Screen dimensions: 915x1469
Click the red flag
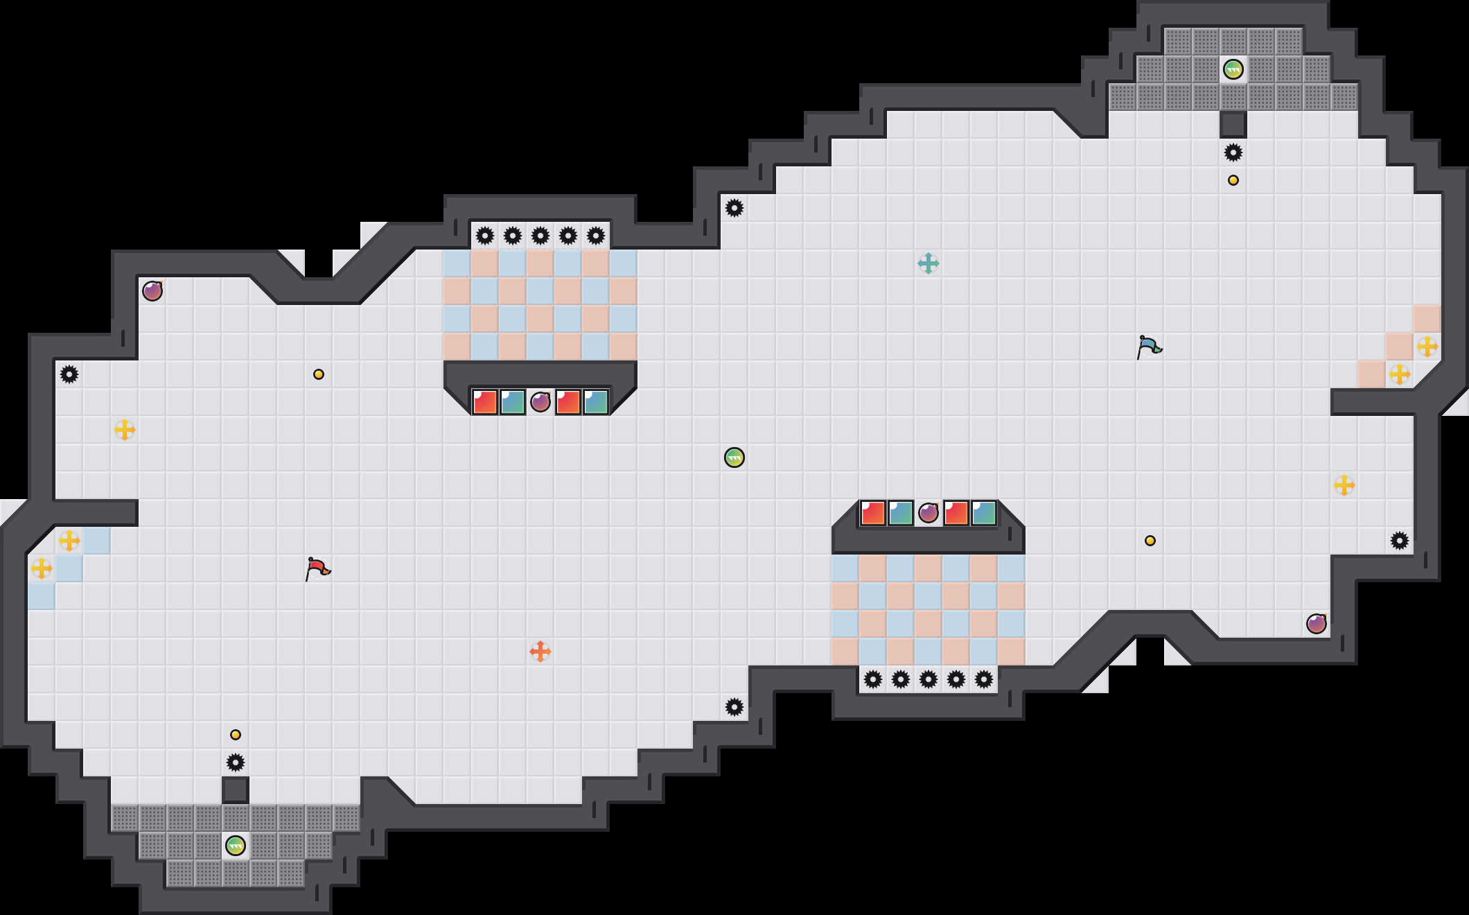tap(317, 568)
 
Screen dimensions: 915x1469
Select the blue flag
tap(1149, 347)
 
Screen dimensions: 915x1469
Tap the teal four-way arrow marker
tap(928, 263)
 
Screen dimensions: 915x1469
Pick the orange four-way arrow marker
tap(540, 652)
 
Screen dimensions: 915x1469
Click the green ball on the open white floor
tap(734, 458)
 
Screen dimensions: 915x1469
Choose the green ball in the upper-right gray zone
tap(1233, 69)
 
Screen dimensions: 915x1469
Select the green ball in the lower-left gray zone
tap(235, 846)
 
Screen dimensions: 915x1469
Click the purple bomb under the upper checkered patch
tap(540, 402)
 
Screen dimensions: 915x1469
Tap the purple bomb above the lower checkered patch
tap(928, 513)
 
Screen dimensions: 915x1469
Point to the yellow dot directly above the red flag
tap(318, 374)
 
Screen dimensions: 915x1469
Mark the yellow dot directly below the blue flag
tap(1150, 541)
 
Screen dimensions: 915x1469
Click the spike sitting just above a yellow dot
tap(1233, 152)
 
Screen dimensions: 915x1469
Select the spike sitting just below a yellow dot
tap(235, 762)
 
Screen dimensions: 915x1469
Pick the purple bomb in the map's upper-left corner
tap(152, 291)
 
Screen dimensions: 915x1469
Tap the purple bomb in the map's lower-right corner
tap(1316, 624)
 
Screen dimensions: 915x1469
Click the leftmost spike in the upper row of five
tap(484, 236)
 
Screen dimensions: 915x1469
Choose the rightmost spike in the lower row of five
tap(983, 679)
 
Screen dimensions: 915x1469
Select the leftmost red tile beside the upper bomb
tap(484, 402)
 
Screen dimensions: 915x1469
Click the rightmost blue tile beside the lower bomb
tap(983, 513)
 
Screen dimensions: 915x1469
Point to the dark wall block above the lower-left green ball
tap(235, 790)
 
